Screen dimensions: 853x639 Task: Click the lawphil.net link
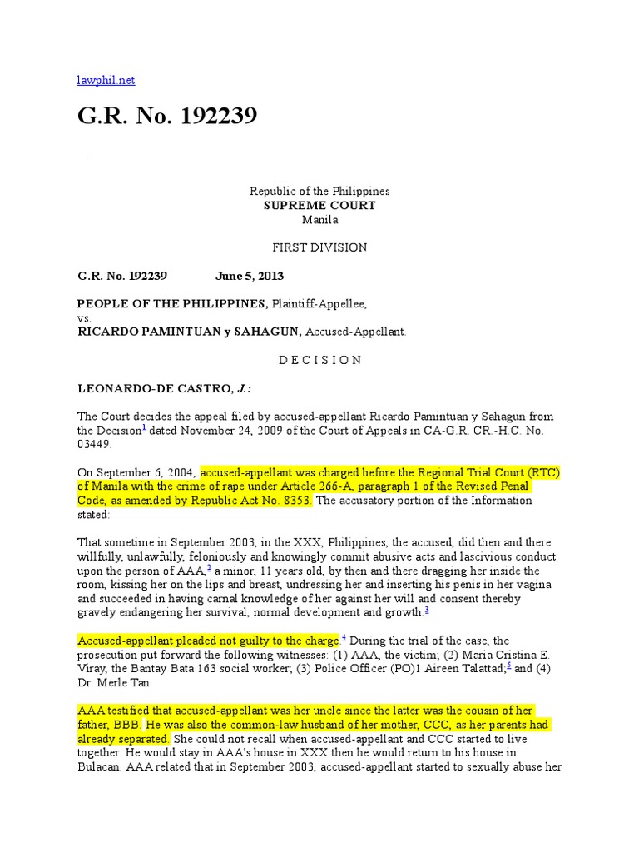pyautogui.click(x=106, y=80)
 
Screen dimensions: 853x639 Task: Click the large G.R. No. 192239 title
pyautogui.click(x=167, y=117)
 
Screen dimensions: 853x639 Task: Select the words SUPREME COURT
pyautogui.click(x=319, y=206)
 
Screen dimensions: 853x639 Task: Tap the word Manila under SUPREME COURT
pyautogui.click(x=319, y=220)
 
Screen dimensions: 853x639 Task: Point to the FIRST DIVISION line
pyautogui.click(x=319, y=247)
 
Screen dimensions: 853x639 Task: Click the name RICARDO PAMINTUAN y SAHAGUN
pyautogui.click(x=189, y=332)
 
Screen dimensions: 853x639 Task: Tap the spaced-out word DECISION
pyautogui.click(x=319, y=360)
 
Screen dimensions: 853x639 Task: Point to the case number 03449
pyautogui.click(x=93, y=445)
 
